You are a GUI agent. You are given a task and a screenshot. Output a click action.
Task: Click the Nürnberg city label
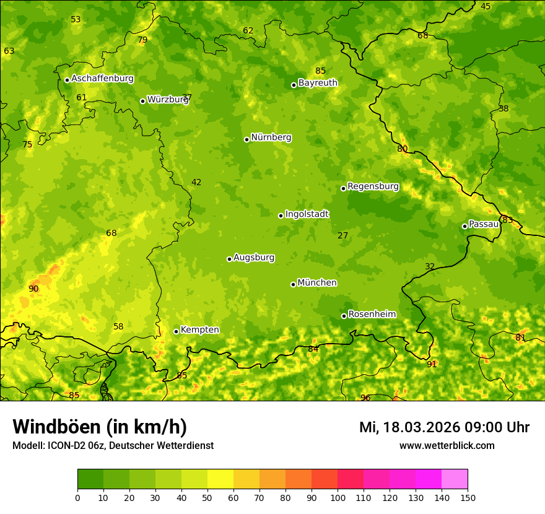click(x=271, y=137)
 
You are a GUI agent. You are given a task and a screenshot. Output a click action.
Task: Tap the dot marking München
click(x=293, y=284)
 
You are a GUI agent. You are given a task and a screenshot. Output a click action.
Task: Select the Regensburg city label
click(x=373, y=186)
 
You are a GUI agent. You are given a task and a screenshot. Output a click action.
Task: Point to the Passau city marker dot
click(x=464, y=226)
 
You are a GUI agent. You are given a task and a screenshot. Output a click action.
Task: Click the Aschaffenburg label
click(x=102, y=79)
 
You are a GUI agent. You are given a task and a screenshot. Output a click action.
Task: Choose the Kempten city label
click(x=199, y=330)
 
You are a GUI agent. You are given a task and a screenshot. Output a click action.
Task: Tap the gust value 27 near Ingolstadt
click(x=342, y=235)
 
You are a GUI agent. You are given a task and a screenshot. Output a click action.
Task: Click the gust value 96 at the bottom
click(x=365, y=398)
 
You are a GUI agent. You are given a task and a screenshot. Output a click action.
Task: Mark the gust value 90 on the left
click(x=33, y=289)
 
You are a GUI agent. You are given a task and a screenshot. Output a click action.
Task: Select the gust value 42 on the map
click(x=196, y=182)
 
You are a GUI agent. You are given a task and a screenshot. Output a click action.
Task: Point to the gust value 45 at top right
click(x=486, y=6)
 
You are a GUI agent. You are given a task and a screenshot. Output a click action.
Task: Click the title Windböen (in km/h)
click(x=100, y=427)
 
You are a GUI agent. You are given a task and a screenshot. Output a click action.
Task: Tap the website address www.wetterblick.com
click(x=447, y=446)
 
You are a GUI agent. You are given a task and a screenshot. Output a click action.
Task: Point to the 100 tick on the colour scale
click(x=338, y=497)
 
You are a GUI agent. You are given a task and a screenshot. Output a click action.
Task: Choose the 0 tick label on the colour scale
click(x=77, y=497)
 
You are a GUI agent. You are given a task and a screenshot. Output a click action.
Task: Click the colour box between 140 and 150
click(x=455, y=479)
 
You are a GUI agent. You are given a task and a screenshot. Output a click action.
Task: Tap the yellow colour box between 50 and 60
click(x=220, y=479)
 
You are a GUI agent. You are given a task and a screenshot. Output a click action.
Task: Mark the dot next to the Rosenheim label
click(x=344, y=316)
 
